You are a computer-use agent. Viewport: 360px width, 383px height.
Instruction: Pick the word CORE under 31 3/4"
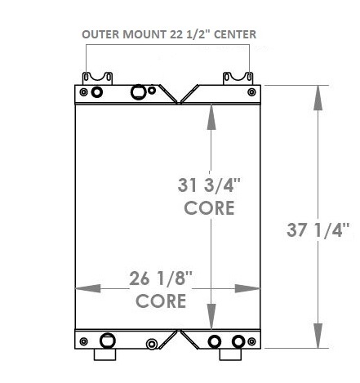click(209, 207)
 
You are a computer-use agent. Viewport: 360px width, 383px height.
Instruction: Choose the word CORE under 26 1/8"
click(161, 301)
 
